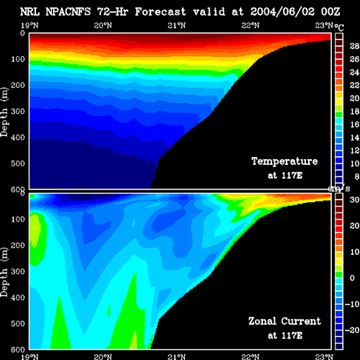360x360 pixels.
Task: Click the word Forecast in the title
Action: tap(161, 12)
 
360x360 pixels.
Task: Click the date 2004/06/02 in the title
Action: tap(282, 12)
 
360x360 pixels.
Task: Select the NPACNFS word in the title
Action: tap(68, 12)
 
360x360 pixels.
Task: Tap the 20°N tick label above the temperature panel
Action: tap(103, 25)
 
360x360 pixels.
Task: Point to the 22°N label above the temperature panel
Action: tap(251, 25)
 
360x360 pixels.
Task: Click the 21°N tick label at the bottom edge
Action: tap(176, 356)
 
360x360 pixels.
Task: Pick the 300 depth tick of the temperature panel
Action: tap(18, 112)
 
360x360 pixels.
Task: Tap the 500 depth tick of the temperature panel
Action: tap(18, 163)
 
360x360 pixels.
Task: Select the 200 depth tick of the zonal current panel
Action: tap(18, 246)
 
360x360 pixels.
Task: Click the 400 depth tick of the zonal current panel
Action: tap(18, 298)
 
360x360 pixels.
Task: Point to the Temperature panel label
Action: tap(284, 161)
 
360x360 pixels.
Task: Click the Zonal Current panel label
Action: tap(284, 321)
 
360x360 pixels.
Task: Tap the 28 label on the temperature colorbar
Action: tap(354, 46)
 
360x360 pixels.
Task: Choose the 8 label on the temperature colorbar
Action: tap(357, 176)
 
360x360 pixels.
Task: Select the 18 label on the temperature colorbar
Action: tap(354, 112)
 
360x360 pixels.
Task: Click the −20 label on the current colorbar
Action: tap(352, 330)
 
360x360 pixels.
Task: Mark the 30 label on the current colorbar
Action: tap(354, 199)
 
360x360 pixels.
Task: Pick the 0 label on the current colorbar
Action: tap(352, 278)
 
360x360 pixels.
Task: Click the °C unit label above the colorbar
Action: tap(339, 27)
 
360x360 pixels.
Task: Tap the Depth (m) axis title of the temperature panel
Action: tap(4, 112)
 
